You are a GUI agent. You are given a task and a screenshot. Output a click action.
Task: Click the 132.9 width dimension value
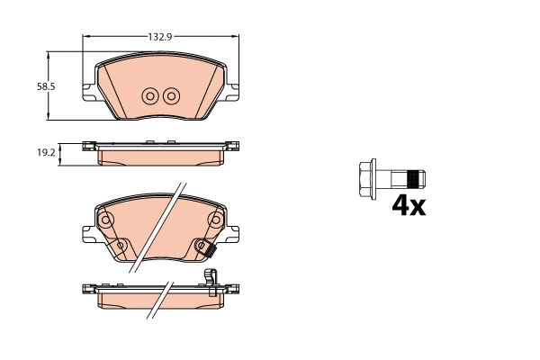pos(161,36)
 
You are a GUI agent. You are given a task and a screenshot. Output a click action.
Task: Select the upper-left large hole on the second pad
pos(105,220)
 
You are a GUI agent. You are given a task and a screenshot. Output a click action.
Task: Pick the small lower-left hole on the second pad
pos(121,244)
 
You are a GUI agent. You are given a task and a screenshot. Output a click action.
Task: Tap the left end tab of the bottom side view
pos(87,290)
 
